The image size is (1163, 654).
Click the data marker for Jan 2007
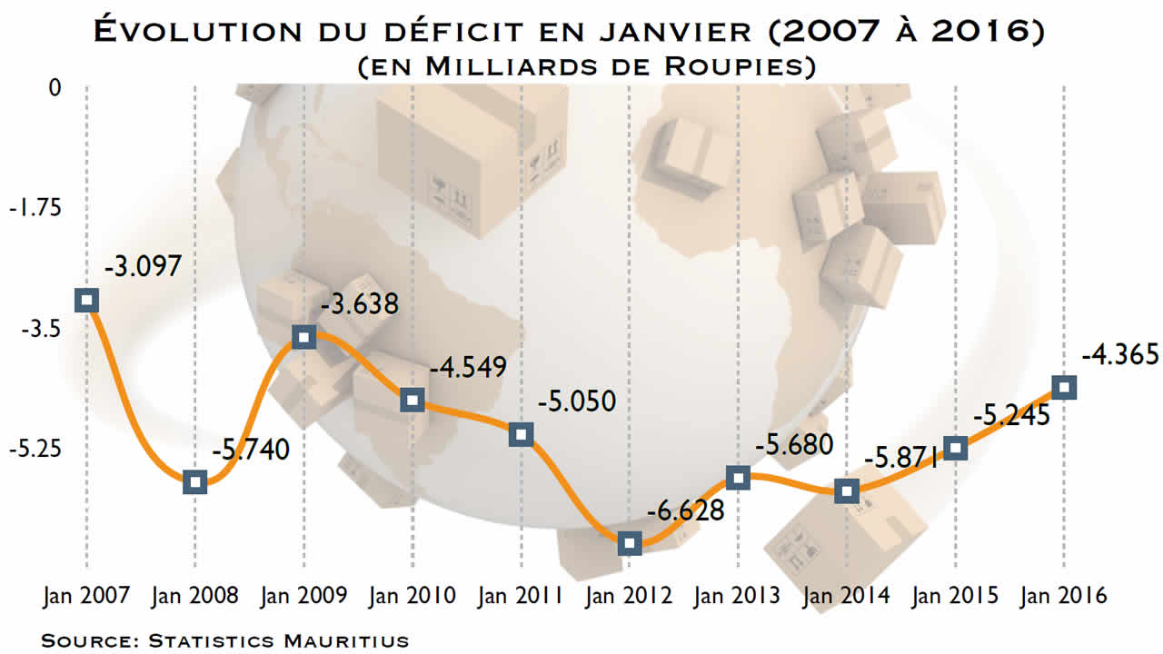pyautogui.click(x=87, y=300)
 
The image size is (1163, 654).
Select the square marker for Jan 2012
pyautogui.click(x=630, y=543)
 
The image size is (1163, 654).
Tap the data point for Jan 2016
pyautogui.click(x=1064, y=387)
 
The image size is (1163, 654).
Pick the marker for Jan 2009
pyautogui.click(x=304, y=337)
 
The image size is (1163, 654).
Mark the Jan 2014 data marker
pyautogui.click(x=847, y=491)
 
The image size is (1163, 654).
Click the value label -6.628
pyautogui.click(x=686, y=510)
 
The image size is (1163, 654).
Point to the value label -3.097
pyautogui.click(x=144, y=267)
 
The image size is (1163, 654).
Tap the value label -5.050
pyautogui.click(x=577, y=401)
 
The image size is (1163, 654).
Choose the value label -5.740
pyautogui.click(x=251, y=449)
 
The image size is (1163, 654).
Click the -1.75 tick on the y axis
pyautogui.click(x=35, y=208)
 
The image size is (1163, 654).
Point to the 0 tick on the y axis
pyautogui.click(x=55, y=88)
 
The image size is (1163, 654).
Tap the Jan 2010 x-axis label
pyautogui.click(x=412, y=596)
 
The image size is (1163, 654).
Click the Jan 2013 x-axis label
pyautogui.click(x=737, y=596)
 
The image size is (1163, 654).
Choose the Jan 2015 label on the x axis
pyautogui.click(x=955, y=596)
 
